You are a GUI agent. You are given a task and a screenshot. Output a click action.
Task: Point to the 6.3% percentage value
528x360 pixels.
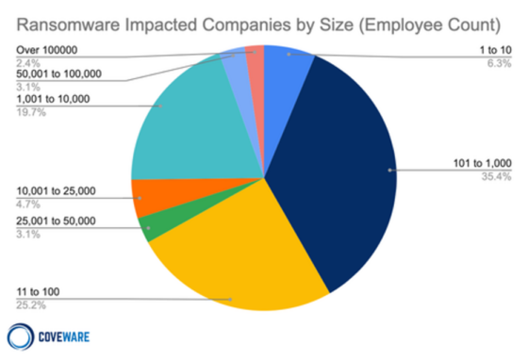[501, 63]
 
